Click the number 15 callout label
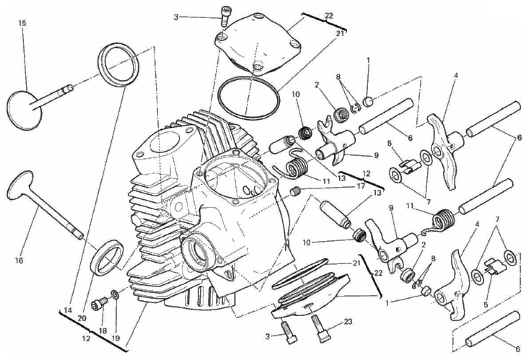pyautogui.click(x=22, y=24)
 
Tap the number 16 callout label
pyautogui.click(x=20, y=260)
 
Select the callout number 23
pyautogui.click(x=348, y=322)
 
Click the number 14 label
pyautogui.click(x=68, y=310)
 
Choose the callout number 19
pyautogui.click(x=115, y=338)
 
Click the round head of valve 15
pyautogui.click(x=24, y=110)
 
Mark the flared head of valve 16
pyautogui.click(x=20, y=186)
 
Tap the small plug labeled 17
pyautogui.click(x=295, y=192)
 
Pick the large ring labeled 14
pyautogui.click(x=119, y=65)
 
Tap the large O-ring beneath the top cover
pyautogui.click(x=248, y=98)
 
